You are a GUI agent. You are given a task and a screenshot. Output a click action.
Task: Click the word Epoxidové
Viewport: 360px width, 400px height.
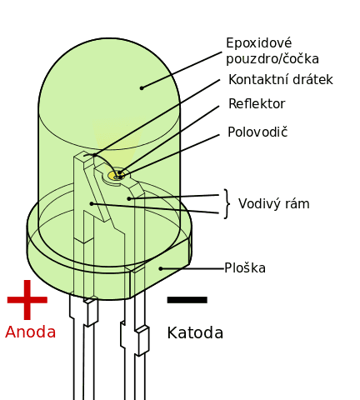point(259,43)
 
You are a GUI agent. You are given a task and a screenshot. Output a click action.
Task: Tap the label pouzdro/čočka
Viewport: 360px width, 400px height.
point(272,59)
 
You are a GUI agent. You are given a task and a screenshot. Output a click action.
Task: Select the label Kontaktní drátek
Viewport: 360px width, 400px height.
point(280,80)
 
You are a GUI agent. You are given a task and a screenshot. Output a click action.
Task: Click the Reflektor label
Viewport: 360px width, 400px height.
point(257,104)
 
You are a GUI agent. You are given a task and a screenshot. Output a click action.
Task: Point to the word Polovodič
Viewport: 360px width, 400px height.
point(257,132)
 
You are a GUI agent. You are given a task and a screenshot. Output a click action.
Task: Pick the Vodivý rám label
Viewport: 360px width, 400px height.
point(274,204)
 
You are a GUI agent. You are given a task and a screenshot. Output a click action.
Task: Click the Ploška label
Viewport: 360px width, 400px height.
point(245,268)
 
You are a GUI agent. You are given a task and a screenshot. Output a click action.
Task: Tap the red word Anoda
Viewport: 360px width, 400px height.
point(31,332)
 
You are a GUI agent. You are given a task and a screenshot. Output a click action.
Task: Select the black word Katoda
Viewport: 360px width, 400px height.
point(195,332)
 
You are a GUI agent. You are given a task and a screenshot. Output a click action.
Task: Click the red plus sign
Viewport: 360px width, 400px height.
point(27,300)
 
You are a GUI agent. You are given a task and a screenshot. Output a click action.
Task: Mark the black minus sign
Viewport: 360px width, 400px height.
point(187,300)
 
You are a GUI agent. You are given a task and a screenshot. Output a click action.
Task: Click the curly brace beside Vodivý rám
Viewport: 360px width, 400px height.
point(227,204)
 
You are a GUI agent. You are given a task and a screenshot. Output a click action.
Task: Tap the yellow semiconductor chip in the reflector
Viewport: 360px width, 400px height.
point(115,176)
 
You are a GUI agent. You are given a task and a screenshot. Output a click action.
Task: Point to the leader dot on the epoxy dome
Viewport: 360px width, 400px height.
point(142,88)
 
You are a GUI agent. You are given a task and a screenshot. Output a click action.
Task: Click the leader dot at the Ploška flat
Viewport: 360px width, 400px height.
point(161,268)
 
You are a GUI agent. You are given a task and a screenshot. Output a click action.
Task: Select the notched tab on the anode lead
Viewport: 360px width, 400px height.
point(91,312)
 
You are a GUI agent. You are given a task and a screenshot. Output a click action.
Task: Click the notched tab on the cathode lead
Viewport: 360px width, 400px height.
point(142,342)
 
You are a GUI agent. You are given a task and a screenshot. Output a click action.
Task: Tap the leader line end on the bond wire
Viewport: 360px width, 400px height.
point(95,155)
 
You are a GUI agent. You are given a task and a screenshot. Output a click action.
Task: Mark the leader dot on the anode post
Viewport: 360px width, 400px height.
point(92,204)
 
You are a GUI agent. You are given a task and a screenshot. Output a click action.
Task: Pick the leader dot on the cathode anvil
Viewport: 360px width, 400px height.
point(129,198)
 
